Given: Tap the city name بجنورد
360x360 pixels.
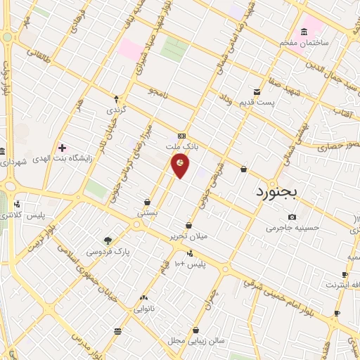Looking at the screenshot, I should point(277,191).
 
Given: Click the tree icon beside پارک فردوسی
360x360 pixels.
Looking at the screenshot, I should point(108,240).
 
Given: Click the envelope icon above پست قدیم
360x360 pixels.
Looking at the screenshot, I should point(257,91).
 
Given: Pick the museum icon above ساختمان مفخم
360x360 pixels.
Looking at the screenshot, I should point(304,32).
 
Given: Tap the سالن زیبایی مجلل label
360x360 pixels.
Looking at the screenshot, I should point(196,340).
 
